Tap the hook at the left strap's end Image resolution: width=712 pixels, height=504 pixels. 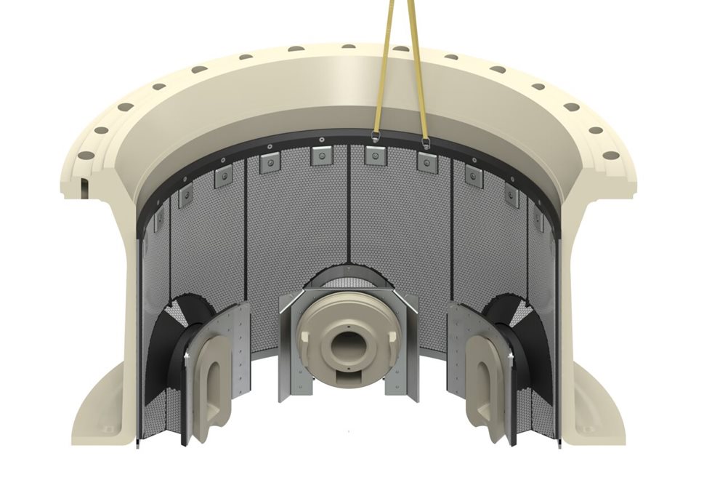[x=375, y=137]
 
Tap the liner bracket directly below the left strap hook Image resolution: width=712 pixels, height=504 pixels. [x=373, y=155]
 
